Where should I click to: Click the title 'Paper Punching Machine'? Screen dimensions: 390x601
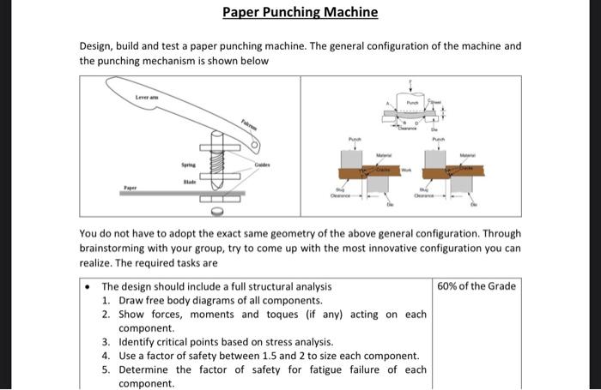pyautogui.click(x=300, y=12)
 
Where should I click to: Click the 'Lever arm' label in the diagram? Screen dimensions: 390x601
pyautogui.click(x=148, y=99)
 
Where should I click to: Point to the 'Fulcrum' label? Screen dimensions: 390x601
pyautogui.click(x=247, y=125)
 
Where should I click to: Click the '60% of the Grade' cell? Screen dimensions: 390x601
pyautogui.click(x=477, y=286)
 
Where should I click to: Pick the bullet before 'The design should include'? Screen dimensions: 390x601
pyautogui.click(x=88, y=286)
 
